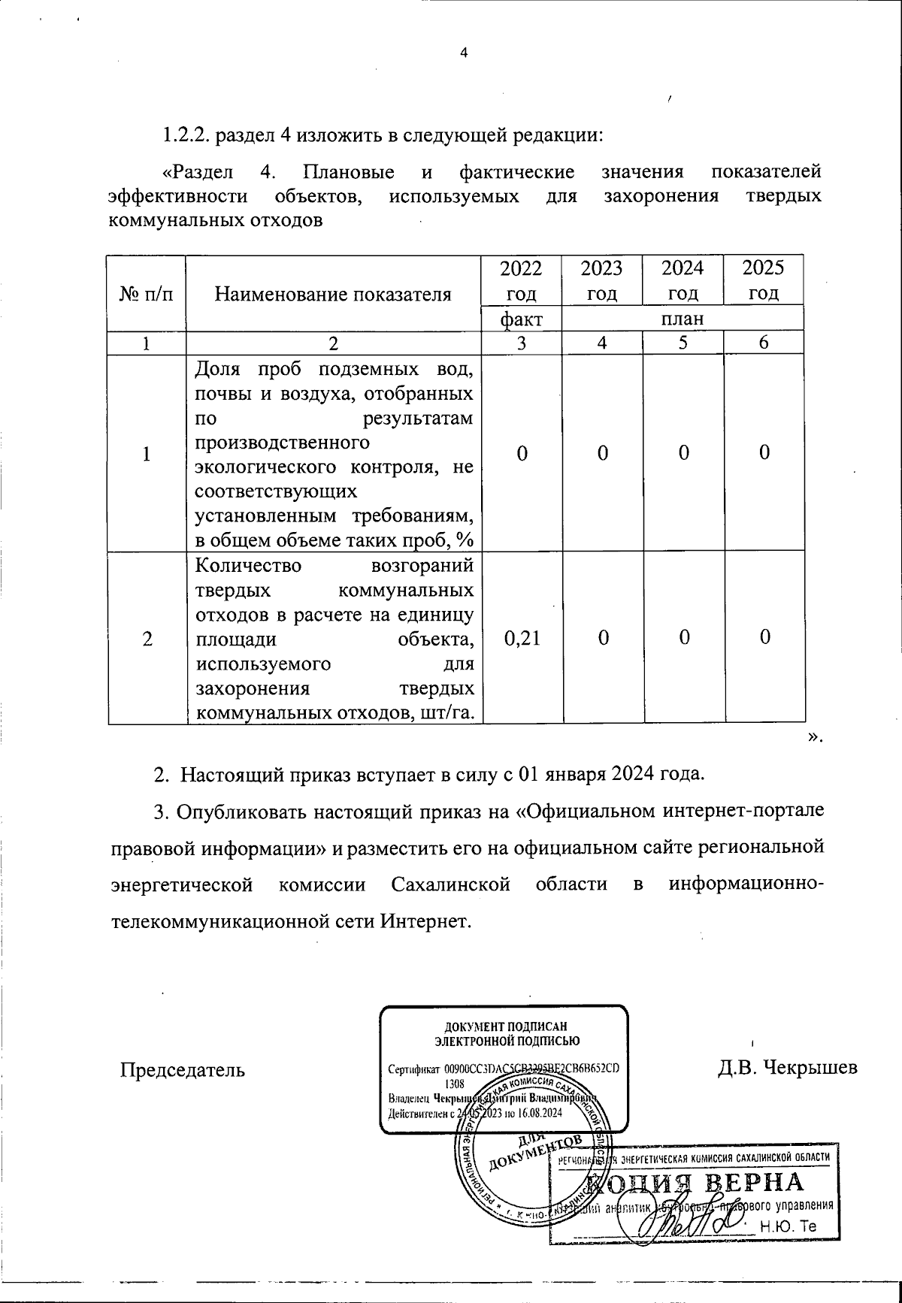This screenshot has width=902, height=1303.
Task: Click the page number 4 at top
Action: (463, 53)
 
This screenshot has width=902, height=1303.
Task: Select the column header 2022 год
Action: (521, 280)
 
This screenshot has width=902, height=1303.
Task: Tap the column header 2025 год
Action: (763, 280)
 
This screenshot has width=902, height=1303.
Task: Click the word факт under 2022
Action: (521, 319)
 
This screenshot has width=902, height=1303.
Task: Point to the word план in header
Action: (683, 319)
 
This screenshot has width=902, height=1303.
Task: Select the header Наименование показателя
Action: (333, 294)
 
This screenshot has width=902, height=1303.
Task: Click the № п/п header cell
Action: (147, 294)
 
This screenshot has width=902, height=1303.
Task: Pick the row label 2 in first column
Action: (147, 638)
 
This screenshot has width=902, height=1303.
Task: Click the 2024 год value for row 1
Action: (683, 453)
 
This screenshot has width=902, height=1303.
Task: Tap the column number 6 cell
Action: (763, 343)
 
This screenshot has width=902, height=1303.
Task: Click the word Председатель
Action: (183, 1069)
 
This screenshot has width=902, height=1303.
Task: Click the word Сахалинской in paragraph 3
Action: (451, 884)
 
